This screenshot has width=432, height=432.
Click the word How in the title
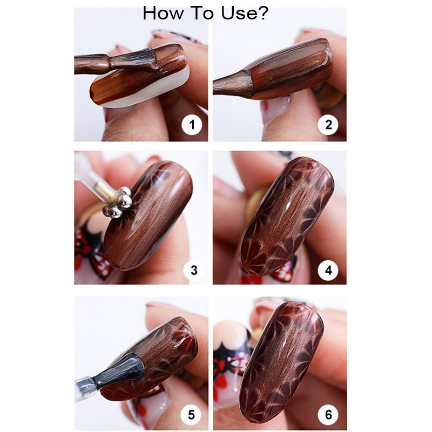[164, 13]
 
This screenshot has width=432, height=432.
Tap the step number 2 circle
[328, 126]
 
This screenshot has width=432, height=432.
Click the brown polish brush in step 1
[130, 62]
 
